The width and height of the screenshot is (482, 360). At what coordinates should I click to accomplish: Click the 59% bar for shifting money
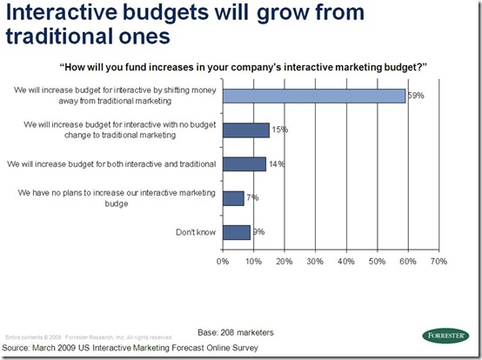[x=313, y=96]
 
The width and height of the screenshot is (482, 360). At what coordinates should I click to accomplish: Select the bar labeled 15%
[x=245, y=130]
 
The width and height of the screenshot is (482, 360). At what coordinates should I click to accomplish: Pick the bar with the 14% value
[x=244, y=163]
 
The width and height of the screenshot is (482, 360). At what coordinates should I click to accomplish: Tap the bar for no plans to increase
[x=233, y=198]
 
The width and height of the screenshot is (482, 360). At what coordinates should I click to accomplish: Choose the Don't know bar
[x=236, y=232]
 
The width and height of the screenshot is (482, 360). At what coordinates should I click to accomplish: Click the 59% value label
[x=416, y=97]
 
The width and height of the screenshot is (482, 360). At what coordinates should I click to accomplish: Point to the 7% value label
[x=253, y=198]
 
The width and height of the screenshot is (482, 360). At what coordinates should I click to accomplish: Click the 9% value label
[x=258, y=232]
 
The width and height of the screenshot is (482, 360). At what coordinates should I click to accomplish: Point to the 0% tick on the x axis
[x=223, y=261]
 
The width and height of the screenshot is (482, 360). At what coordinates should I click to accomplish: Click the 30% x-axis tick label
[x=315, y=261]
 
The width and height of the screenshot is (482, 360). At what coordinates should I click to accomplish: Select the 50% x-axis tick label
[x=377, y=261]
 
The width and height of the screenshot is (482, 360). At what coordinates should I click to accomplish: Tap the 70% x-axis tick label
[x=438, y=261]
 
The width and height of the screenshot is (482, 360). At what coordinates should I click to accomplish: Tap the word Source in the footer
[x=23, y=346]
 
